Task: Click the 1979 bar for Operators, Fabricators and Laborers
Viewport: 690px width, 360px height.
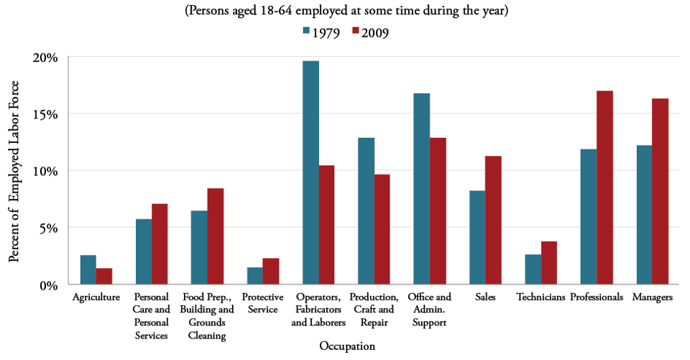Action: coord(310,172)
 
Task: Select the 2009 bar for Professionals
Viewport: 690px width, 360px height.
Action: coord(604,188)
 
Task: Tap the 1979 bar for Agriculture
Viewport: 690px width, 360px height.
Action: coord(88,269)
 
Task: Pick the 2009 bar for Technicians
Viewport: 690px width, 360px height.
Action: coord(549,262)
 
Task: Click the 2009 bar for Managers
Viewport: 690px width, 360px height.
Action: coord(660,191)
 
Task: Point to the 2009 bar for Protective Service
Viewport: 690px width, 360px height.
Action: coord(271,271)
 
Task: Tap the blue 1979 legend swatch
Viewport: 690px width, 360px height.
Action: coord(306,32)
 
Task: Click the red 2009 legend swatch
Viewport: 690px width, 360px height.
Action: coord(355,32)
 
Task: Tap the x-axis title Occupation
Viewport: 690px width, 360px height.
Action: coord(347,346)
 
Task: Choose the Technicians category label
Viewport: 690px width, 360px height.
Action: coord(540,297)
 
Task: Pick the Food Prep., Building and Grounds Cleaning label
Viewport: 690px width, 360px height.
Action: coord(207,316)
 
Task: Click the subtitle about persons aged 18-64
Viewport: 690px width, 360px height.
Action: coord(347,11)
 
